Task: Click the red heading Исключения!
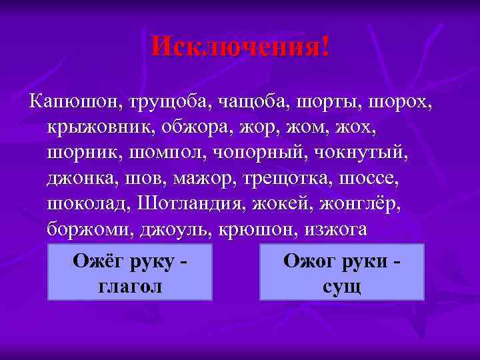pos(240,47)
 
